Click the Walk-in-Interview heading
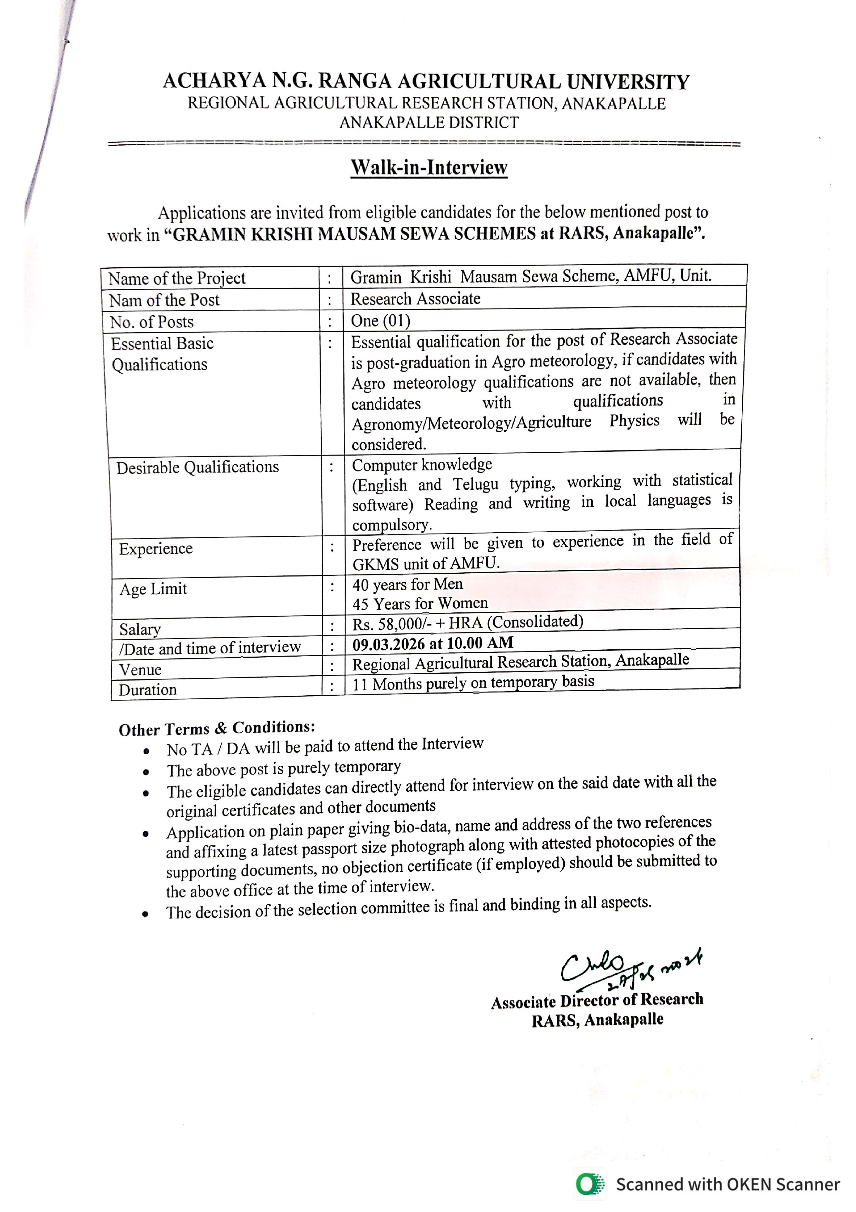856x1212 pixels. tap(429, 168)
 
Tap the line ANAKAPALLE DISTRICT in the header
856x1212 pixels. tap(429, 123)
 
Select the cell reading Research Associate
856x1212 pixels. tap(415, 299)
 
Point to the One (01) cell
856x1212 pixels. tap(380, 321)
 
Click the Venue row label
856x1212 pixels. tap(140, 670)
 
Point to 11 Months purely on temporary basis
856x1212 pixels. tap(473, 683)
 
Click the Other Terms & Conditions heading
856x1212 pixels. tap(217, 728)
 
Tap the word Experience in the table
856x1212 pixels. tap(156, 549)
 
